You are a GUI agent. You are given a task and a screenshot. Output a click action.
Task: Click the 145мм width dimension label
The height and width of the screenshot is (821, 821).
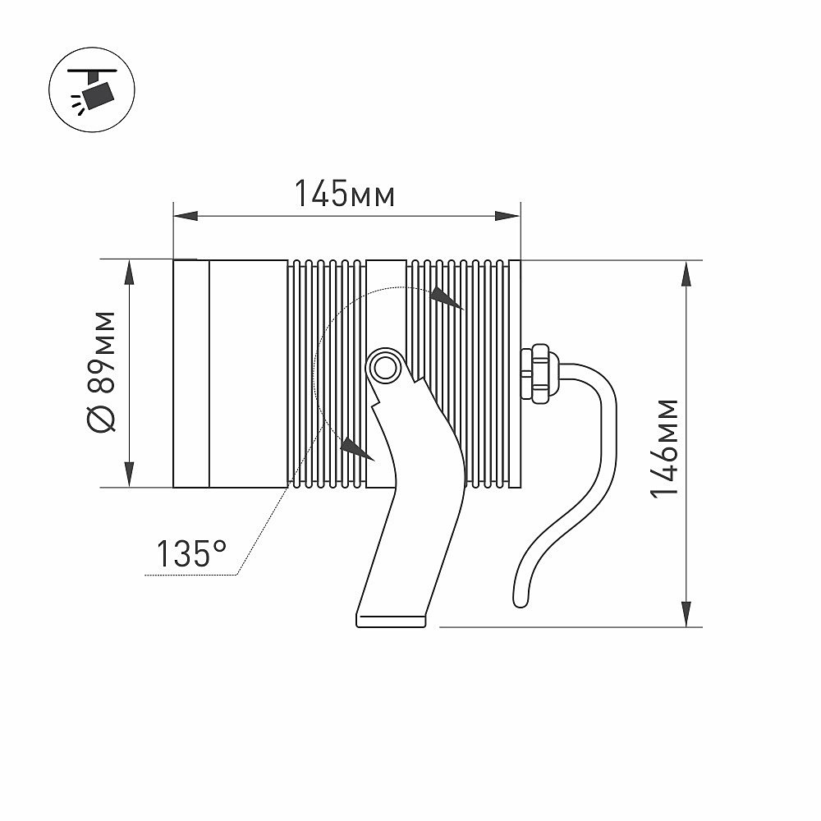click(345, 194)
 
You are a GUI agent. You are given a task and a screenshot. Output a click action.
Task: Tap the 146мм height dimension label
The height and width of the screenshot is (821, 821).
click(664, 448)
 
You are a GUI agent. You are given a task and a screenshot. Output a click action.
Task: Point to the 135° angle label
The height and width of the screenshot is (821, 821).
click(191, 553)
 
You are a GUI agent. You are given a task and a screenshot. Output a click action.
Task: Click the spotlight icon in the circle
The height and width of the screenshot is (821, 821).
click(92, 89)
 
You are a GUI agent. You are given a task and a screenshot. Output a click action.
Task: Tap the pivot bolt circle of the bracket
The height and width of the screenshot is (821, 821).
click(385, 368)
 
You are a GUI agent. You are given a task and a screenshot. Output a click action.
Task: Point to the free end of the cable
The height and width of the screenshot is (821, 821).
click(521, 602)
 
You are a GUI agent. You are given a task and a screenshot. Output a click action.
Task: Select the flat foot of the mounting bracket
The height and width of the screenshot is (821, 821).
click(391, 620)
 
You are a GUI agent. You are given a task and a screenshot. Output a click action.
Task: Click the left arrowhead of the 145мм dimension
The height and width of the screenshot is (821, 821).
click(186, 216)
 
